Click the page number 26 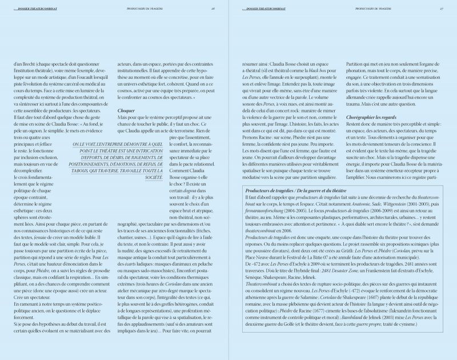pyautogui.click(x=213, y=9)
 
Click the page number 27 pyautogui.click(x=442, y=9)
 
